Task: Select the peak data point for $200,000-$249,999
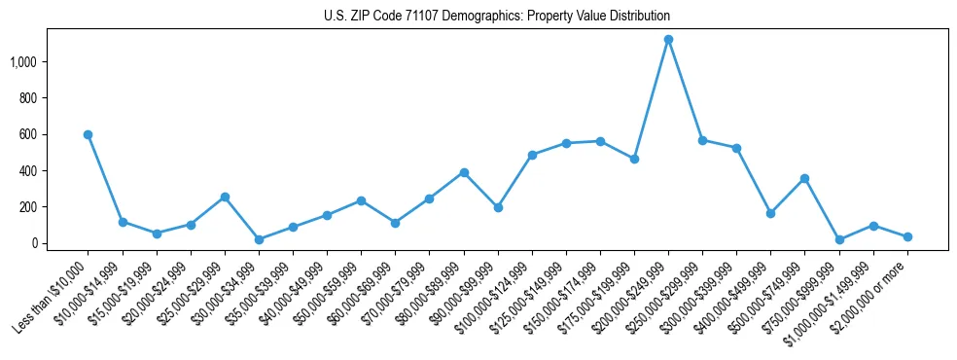[668, 40]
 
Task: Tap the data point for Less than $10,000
[88, 134]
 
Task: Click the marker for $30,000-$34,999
[259, 239]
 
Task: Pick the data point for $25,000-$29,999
[225, 197]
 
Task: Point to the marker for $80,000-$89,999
[464, 172]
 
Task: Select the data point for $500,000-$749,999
[804, 178]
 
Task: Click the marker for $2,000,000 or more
[907, 236]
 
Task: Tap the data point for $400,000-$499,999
[770, 213]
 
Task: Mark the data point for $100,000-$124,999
[532, 155]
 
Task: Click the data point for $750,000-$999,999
[838, 239]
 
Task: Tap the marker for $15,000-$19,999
[157, 234]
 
